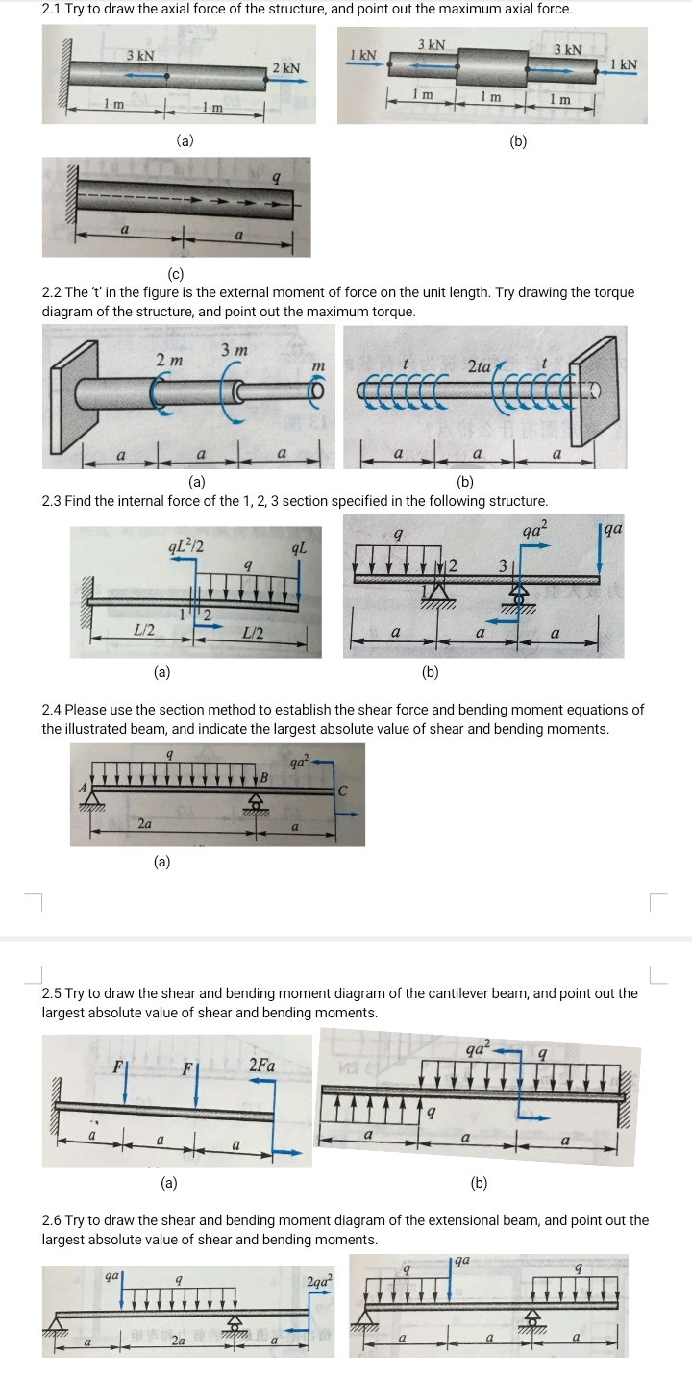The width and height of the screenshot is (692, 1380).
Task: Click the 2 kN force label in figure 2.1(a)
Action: pos(286,68)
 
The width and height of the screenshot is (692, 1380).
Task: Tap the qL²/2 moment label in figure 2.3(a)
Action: pos(184,548)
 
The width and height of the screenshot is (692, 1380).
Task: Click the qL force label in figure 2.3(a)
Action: pos(299,549)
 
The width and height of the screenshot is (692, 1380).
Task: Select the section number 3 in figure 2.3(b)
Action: pos(501,565)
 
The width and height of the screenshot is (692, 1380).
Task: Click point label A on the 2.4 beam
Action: pos(83,786)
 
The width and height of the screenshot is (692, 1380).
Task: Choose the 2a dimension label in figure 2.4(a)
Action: pos(144,823)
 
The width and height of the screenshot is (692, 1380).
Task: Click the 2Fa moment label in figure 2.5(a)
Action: pos(261,1065)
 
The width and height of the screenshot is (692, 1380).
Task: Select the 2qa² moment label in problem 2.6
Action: pos(319,1281)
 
